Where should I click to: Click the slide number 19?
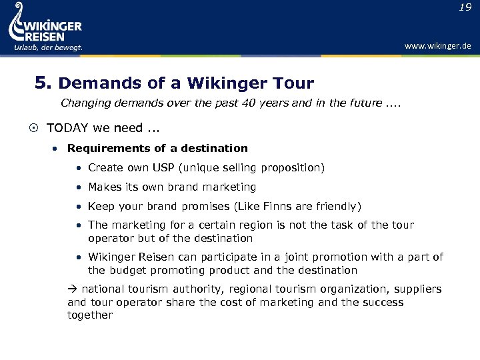point(465,7)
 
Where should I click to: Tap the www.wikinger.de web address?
point(438,46)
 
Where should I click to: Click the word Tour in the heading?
point(293,84)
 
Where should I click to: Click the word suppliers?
point(418,289)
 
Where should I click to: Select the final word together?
point(90,315)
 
